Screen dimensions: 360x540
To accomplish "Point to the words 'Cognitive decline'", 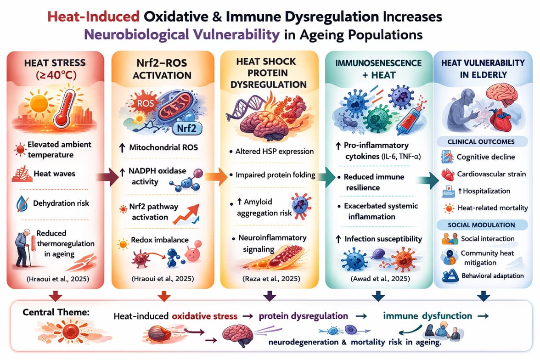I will pyautogui.click(x=486, y=157).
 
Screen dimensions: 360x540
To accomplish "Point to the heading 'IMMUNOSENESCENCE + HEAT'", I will pyautogui.click(x=378, y=68).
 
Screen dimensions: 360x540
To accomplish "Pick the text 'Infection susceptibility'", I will pyautogui.click(x=383, y=239).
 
